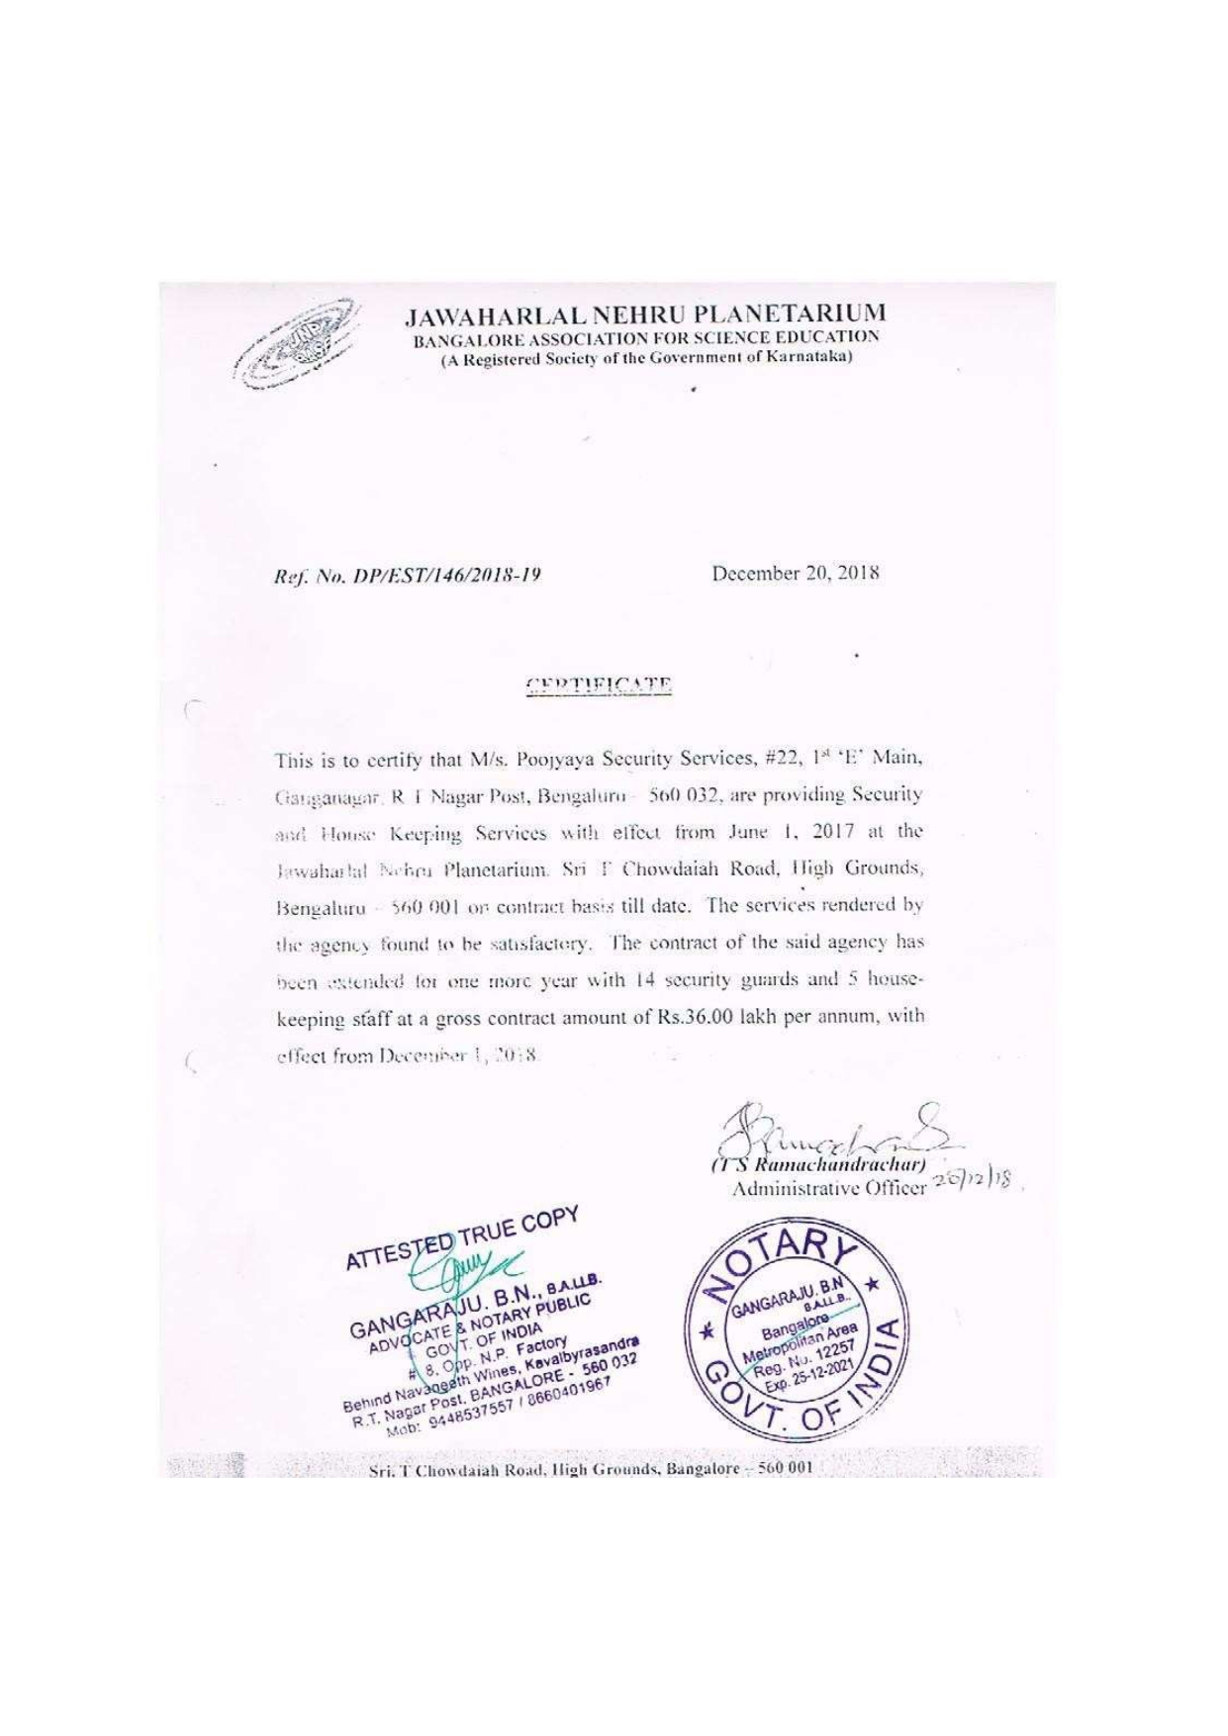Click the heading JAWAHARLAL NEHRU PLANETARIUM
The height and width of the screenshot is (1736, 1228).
pyautogui.click(x=646, y=316)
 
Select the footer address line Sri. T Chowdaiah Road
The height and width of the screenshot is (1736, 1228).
pyautogui.click(x=589, y=1468)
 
